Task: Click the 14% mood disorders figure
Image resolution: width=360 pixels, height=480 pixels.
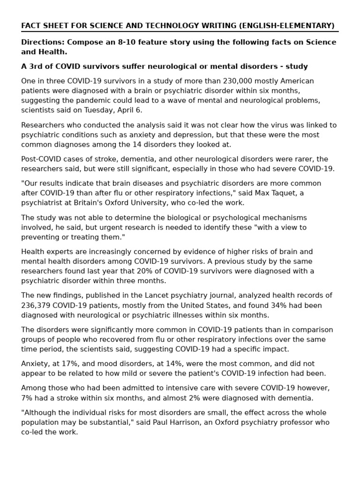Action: pyautogui.click(x=147, y=364)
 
